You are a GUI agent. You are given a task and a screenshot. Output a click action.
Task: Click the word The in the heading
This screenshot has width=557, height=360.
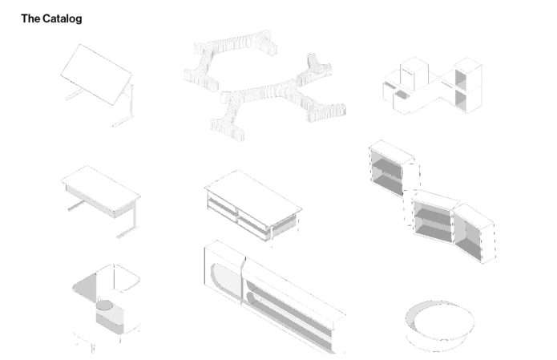tap(30, 18)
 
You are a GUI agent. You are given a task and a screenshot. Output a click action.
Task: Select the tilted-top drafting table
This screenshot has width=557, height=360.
tap(98, 84)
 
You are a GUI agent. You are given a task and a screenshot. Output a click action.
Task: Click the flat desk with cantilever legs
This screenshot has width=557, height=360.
tap(100, 200)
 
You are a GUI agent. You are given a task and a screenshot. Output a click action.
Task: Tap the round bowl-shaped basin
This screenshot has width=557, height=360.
tap(440, 326)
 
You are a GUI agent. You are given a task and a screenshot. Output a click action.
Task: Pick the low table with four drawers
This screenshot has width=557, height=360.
tap(253, 206)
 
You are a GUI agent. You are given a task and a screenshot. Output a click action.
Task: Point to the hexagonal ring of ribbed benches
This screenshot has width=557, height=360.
tap(264, 86)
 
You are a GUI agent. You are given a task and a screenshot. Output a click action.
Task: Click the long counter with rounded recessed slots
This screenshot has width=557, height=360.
tap(274, 297)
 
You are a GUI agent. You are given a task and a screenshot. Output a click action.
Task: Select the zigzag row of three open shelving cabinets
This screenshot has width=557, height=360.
tap(431, 201)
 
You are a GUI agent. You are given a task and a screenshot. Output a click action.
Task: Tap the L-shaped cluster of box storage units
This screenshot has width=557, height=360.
tap(432, 85)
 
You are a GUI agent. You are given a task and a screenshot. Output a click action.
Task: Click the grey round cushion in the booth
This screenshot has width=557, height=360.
tap(104, 305)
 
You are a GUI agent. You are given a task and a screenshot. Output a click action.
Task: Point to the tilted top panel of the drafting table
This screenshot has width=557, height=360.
tap(96, 75)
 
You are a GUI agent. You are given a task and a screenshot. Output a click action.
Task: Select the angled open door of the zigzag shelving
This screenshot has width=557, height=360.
tap(474, 233)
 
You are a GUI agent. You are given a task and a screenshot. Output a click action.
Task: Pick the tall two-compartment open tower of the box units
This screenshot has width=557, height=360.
tap(466, 85)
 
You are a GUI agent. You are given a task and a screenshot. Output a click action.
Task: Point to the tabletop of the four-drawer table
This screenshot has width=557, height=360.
tap(253, 192)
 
